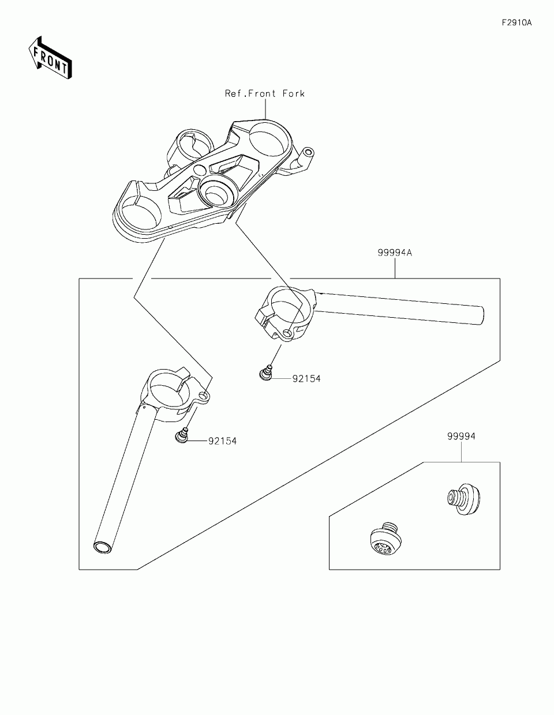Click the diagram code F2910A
pos(516,22)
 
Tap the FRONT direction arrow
pos(50,58)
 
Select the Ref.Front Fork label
pos(265,94)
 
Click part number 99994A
pos(395,253)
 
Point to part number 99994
pos(461,436)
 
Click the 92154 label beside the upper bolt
pos(306,379)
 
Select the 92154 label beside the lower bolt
pos(223,441)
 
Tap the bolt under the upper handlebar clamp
pos(265,374)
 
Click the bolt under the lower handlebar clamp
pos(182,436)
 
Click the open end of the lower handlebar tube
pos(102,548)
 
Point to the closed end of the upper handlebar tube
pos(481,316)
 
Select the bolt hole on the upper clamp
pos(288,334)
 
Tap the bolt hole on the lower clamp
pos(205,396)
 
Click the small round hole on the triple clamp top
pos(200,170)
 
